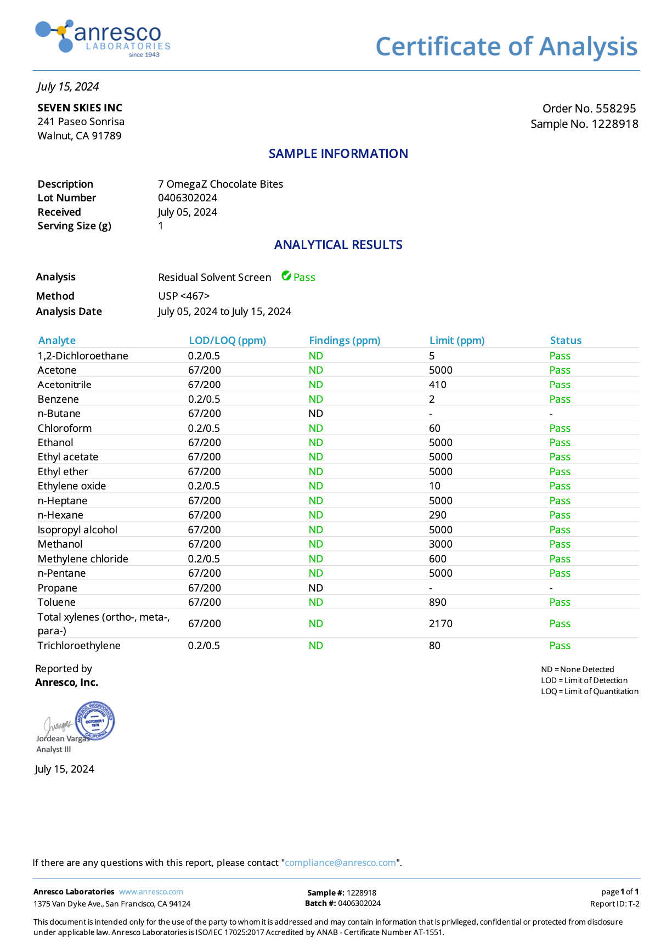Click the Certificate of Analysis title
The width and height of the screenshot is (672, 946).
pos(506,47)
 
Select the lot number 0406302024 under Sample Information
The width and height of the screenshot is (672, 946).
pos(188,198)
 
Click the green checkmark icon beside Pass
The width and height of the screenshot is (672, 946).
pos(286,276)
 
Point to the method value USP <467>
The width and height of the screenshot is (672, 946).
pos(184,296)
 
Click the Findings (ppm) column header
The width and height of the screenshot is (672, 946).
pos(345,341)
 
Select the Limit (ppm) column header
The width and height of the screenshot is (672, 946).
pos(457,341)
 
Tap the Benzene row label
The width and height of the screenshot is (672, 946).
pos(58,399)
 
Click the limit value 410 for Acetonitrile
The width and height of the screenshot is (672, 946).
pos(438,385)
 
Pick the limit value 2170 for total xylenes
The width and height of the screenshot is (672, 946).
pos(441,624)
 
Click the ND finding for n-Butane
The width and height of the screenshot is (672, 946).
pos(315,414)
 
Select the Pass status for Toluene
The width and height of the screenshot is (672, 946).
pos(560,602)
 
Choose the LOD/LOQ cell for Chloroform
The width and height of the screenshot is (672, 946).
pos(204,429)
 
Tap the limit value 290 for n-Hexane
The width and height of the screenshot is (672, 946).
pos(438,515)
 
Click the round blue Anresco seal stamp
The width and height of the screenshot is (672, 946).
pos(95,720)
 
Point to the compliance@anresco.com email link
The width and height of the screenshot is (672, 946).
pos(340,863)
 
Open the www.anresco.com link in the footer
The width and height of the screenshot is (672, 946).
pos(151,892)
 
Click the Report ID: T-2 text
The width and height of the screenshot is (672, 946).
pos(614,904)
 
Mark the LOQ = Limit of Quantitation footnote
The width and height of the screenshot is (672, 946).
pos(590,691)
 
